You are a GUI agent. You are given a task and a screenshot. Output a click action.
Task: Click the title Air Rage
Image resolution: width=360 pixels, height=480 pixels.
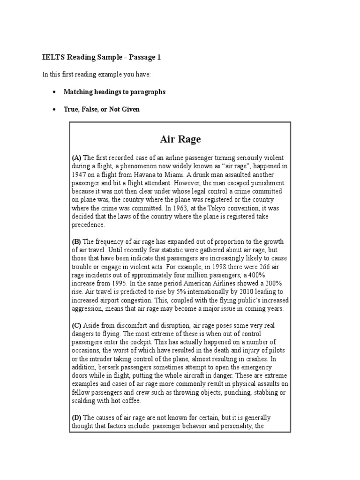[x=180, y=139]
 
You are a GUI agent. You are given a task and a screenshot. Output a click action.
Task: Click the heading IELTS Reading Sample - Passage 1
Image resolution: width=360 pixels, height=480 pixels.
[x=102, y=57]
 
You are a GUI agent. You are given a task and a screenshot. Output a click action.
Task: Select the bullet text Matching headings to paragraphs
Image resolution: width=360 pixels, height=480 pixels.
[x=114, y=92]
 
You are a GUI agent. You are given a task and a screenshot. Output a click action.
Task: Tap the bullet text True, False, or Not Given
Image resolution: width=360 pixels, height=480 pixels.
[x=102, y=109]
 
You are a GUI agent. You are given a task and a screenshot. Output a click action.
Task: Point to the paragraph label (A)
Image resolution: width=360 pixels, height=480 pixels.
[x=76, y=157]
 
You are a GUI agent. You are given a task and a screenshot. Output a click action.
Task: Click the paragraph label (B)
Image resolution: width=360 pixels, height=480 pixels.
[x=76, y=242]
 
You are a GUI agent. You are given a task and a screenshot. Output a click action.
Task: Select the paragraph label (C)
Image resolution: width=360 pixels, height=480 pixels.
[x=76, y=325]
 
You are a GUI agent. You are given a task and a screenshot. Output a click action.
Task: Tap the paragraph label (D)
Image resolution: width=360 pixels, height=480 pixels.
[x=76, y=418]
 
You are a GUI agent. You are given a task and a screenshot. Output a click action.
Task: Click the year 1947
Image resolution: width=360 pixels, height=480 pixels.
[x=79, y=174]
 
